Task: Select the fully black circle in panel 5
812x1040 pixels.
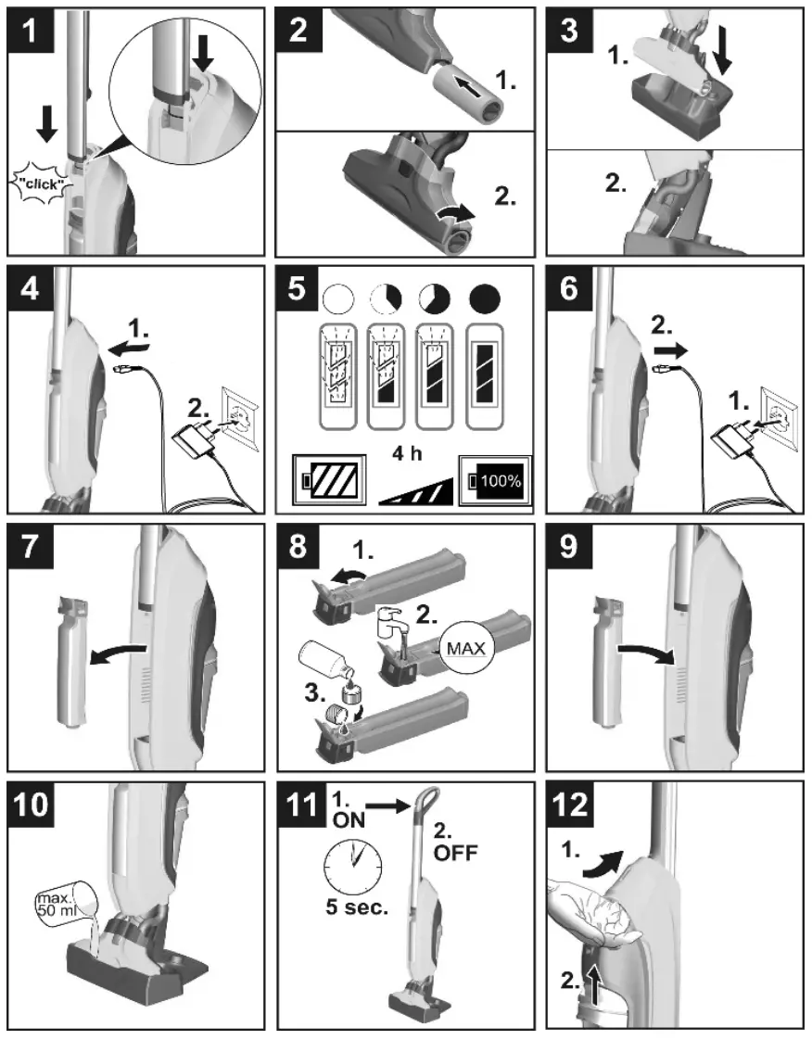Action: [x=485, y=299]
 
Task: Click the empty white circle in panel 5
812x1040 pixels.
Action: [x=338, y=299]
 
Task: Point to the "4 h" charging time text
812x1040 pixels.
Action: [x=407, y=453]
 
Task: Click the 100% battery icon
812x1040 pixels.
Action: [x=495, y=480]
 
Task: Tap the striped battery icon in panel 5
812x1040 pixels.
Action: [x=330, y=479]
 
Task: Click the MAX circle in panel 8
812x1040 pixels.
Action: [x=465, y=647]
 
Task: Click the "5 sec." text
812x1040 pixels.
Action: [x=356, y=907]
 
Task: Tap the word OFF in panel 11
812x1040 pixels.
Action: [x=455, y=852]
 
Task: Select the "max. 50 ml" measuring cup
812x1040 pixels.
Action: [x=67, y=901]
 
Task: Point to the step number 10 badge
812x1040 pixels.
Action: [x=32, y=805]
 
